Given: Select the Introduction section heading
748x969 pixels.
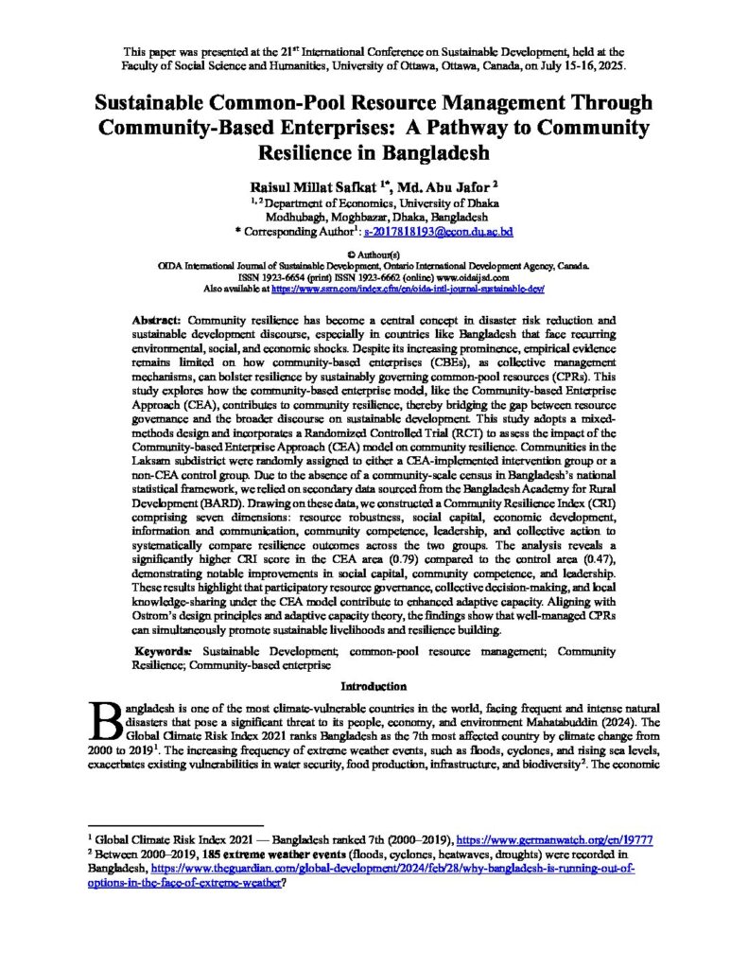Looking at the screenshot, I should point(374,686).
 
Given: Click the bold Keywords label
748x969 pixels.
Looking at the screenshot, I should point(163,652).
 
